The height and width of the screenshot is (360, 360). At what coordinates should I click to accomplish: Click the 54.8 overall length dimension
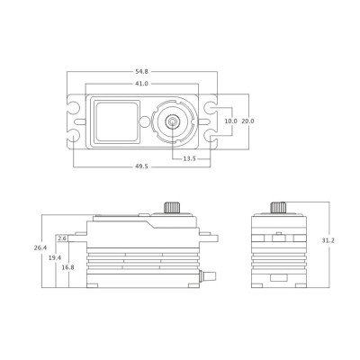(141, 70)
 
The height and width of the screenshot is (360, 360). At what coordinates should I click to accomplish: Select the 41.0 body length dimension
(141, 84)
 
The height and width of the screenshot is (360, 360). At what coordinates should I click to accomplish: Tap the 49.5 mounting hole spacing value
(141, 167)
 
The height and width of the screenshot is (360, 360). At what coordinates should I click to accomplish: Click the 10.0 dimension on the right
(231, 121)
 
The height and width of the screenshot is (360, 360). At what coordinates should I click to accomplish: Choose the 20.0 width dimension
(248, 121)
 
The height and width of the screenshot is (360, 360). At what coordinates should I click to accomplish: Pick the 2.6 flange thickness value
(62, 238)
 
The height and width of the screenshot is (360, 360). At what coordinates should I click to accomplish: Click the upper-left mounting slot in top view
(74, 106)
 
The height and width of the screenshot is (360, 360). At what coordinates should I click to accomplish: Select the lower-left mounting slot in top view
(74, 136)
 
